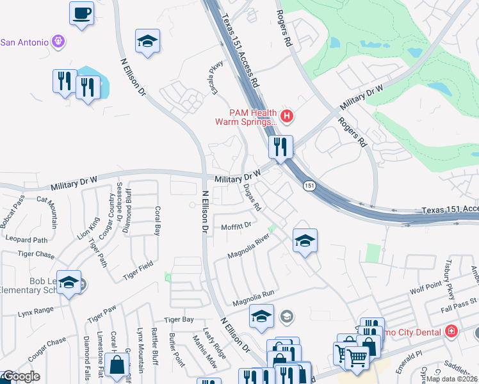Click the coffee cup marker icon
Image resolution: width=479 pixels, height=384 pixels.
pyautogui.click(x=82, y=13)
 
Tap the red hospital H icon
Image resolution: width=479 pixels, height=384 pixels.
pyautogui.click(x=287, y=116)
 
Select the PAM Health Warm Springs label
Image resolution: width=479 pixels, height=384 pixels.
pyautogui.click(x=246, y=116)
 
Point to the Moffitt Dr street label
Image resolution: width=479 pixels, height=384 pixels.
pyautogui.click(x=236, y=225)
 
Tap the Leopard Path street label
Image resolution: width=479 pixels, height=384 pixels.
pyautogui.click(x=26, y=240)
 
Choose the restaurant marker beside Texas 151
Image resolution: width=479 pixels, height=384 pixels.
pyautogui.click(x=280, y=147)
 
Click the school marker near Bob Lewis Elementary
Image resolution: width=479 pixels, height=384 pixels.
pyautogui.click(x=69, y=282)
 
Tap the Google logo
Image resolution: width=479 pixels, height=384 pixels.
pyautogui.click(x=20, y=377)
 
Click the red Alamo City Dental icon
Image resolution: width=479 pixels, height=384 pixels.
pyautogui.click(x=452, y=331)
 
